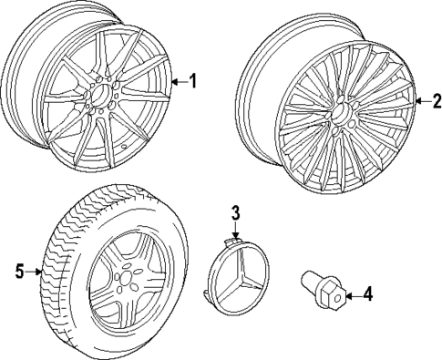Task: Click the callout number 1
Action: tap(193, 82)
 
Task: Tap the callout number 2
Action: tap(435, 101)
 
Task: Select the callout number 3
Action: tap(234, 213)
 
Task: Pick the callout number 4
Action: tap(367, 293)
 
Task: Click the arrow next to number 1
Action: tap(179, 82)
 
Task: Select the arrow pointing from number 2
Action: tap(420, 101)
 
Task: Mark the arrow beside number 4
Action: tap(353, 293)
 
